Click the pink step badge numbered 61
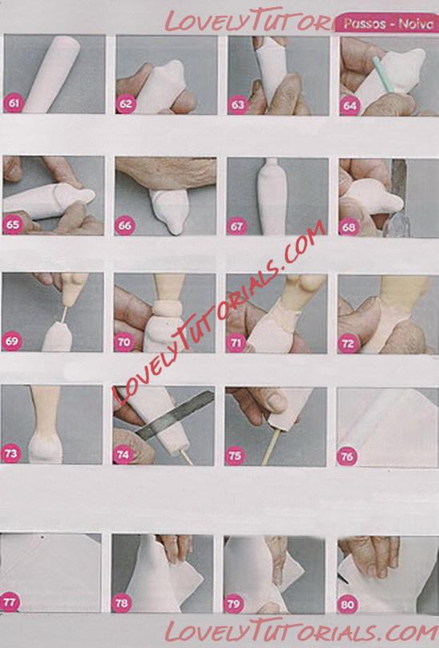[14, 103]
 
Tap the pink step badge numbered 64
[350, 106]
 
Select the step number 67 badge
[237, 227]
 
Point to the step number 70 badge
[124, 342]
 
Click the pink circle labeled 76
[347, 456]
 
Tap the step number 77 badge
[9, 603]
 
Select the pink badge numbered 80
[348, 605]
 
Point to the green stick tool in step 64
[382, 74]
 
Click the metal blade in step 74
[176, 415]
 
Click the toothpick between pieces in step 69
[64, 314]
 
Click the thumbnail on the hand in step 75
[277, 401]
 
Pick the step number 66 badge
[125, 226]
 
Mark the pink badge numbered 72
[348, 344]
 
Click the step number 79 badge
[234, 604]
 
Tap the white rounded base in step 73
[45, 448]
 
